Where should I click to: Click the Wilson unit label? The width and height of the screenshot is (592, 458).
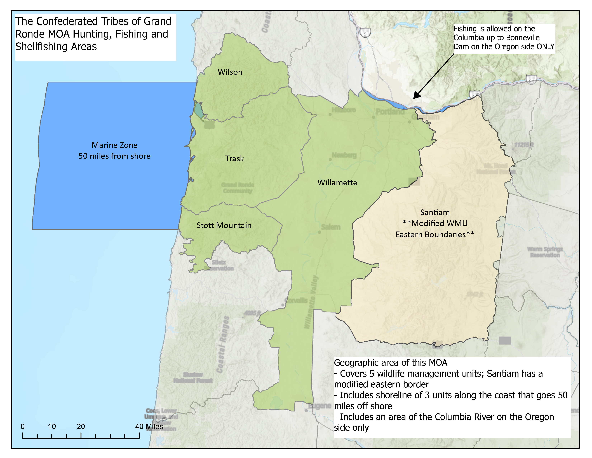coord(230,72)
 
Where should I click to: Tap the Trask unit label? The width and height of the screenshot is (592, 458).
coord(234,159)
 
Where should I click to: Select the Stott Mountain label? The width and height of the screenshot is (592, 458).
coord(224,225)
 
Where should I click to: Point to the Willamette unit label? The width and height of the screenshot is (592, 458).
coord(337,183)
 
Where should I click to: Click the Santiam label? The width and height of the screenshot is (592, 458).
coord(435,212)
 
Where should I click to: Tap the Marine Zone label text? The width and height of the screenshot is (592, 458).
coord(114,145)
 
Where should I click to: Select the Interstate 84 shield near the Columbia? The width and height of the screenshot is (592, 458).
coord(531,80)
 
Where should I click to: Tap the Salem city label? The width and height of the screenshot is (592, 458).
coord(331,227)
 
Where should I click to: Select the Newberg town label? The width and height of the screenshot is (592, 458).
coord(344,155)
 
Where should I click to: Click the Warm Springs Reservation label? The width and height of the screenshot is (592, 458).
coord(545,252)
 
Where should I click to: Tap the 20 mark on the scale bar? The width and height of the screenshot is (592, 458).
coord(81,427)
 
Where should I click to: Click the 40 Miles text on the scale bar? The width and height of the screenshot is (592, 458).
coord(149,427)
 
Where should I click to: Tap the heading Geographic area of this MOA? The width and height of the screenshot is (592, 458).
coord(390,363)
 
